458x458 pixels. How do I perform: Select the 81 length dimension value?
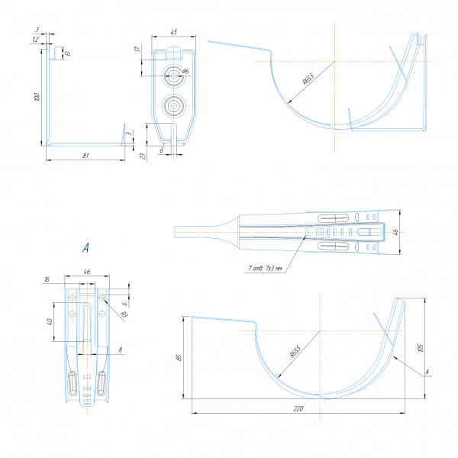86,156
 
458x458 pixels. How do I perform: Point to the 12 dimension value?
36,39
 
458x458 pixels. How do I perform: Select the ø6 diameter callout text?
185,71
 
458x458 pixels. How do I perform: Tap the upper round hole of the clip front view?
175,76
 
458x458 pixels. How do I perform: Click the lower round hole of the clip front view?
174,105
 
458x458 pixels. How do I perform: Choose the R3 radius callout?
123,312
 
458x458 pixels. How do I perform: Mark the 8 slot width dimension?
120,350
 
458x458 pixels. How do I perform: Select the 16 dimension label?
48,280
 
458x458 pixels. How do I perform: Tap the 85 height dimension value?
179,358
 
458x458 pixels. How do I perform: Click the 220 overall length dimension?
298,410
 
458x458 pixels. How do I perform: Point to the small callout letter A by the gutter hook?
427,372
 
